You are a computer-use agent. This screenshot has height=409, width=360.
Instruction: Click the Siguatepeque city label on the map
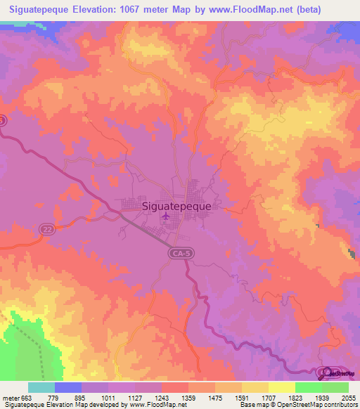(x=181, y=207)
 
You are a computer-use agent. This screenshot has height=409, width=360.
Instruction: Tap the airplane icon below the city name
(x=165, y=216)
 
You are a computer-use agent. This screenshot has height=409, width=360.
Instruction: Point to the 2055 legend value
(x=349, y=397)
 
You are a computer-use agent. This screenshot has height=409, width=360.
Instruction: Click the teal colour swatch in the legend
(x=41, y=387)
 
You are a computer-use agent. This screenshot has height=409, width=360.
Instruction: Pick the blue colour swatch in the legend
(x=68, y=387)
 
